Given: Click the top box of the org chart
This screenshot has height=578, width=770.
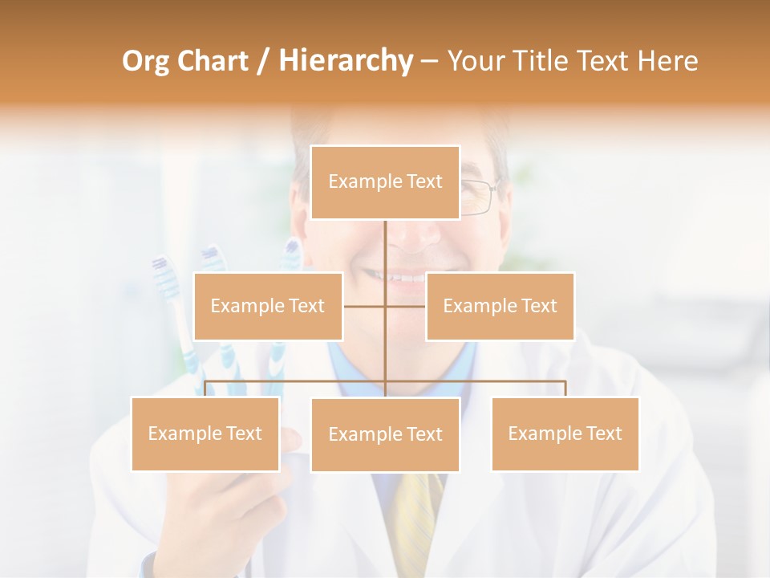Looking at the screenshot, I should tap(385, 182).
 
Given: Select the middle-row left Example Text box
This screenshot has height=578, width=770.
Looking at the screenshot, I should tap(268, 306).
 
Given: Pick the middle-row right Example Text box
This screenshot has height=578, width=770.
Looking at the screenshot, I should tap(500, 306).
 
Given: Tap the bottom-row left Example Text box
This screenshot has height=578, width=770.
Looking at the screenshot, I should tap(205, 433).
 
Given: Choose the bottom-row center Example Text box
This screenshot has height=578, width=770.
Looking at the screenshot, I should tap(385, 434).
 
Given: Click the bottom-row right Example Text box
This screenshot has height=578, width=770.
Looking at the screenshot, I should tap(565, 433).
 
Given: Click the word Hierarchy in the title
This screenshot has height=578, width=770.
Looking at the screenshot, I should tap(345, 61).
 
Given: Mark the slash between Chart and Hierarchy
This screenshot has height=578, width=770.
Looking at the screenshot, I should tap(263, 61).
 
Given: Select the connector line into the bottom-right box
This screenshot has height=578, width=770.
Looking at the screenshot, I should tap(565, 389).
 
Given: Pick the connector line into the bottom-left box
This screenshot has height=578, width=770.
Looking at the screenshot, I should tap(205, 389).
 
